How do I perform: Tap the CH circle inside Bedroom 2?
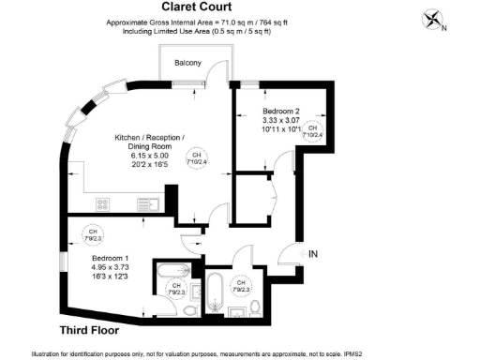pos(315,130)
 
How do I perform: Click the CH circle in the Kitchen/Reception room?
pos(199,157)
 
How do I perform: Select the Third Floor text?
pos(95,330)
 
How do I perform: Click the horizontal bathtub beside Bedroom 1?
pos(172,272)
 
